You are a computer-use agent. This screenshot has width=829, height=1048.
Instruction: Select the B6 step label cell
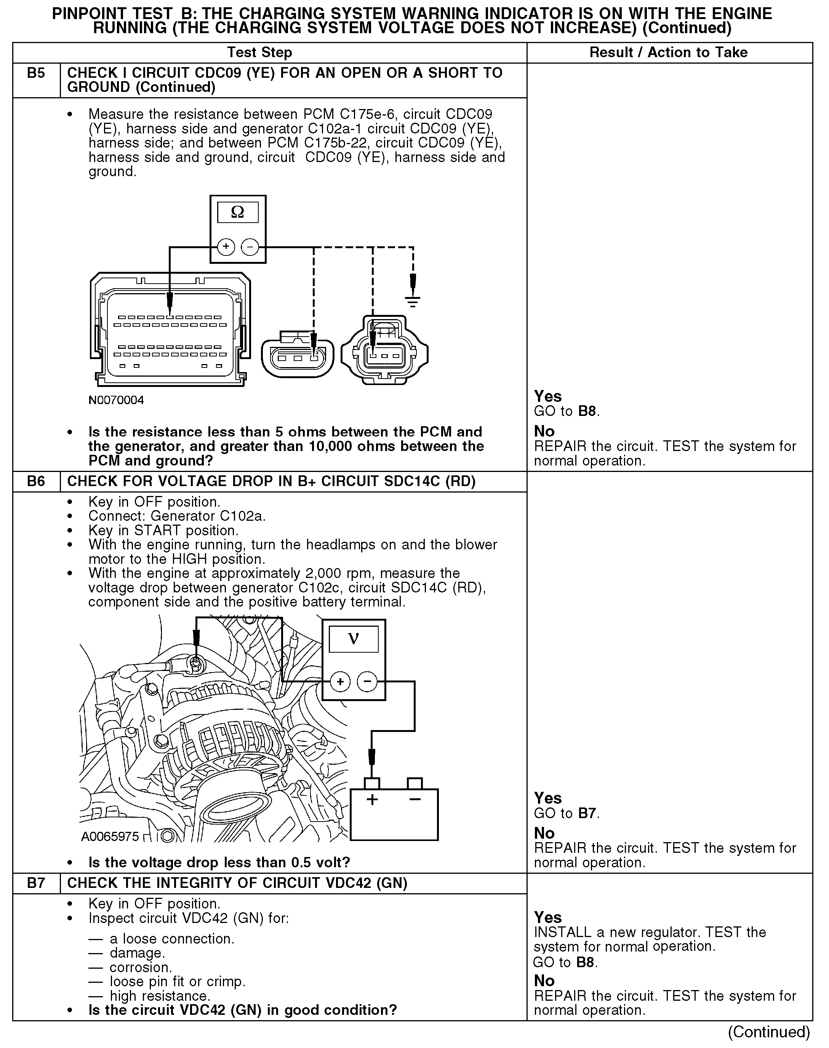(36, 481)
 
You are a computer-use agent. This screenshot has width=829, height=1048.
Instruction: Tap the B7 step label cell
(36, 883)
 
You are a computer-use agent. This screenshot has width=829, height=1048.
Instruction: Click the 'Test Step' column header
(260, 53)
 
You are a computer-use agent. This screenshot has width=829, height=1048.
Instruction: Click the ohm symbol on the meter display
(237, 212)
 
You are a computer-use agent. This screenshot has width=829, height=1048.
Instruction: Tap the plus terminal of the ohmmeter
(226, 247)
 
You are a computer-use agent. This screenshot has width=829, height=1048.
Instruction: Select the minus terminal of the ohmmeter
(250, 247)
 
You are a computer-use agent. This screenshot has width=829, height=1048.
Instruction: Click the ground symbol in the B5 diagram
(413, 302)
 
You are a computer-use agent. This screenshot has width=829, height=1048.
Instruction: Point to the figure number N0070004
(116, 400)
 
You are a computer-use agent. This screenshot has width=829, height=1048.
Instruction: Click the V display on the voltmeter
(353, 639)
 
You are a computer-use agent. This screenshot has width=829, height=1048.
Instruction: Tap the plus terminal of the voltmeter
(340, 682)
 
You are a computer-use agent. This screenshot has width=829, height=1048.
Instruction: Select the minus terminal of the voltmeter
(367, 682)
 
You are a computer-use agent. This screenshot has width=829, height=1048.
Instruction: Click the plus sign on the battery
(372, 799)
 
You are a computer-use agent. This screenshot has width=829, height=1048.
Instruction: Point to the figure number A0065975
(110, 837)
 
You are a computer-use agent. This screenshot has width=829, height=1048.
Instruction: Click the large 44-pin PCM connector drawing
(170, 330)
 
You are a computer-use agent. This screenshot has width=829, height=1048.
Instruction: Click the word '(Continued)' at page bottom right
(769, 1032)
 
